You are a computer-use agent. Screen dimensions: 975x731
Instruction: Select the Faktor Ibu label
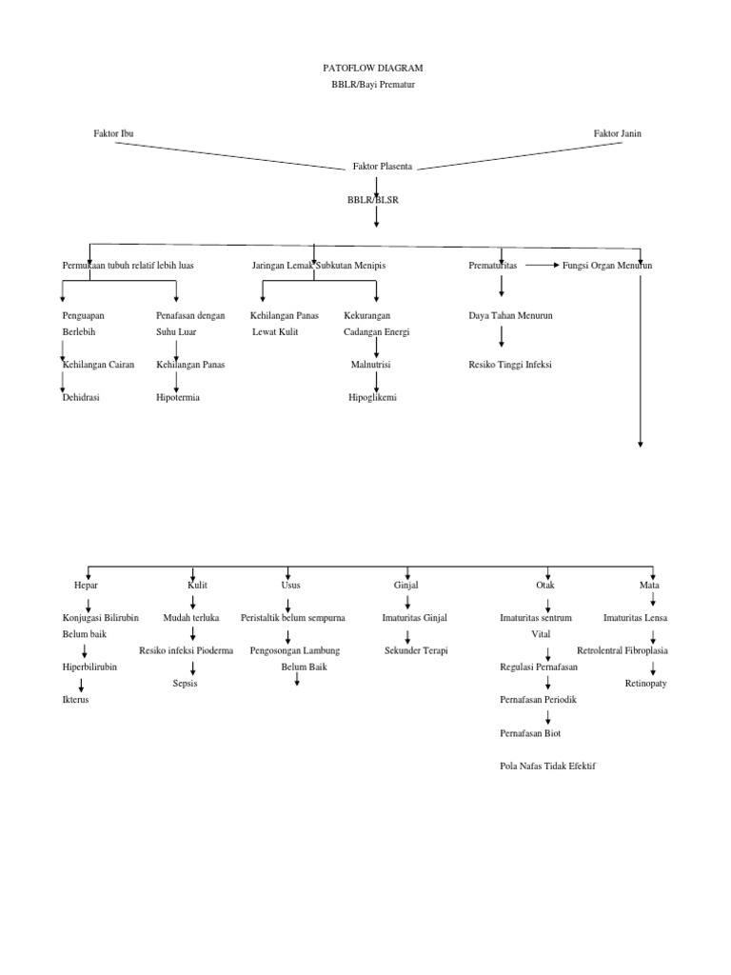113,133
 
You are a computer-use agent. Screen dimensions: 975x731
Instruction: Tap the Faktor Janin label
617,133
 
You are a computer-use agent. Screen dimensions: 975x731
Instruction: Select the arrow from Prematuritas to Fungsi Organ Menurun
540,266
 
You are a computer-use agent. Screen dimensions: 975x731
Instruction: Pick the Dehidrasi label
81,397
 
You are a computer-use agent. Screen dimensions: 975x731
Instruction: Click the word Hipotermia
178,397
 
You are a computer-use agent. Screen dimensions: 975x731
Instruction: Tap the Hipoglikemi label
372,397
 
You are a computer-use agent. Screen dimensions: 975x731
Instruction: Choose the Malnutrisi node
372,364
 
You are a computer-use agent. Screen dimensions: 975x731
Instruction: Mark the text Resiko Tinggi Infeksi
510,364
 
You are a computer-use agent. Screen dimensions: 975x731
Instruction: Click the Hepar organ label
86,585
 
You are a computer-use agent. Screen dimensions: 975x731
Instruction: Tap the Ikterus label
75,700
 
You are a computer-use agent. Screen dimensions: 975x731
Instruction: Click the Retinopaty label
645,684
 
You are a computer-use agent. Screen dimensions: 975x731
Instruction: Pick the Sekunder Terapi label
415,650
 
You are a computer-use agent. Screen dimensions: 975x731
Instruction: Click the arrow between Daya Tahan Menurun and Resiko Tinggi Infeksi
502,337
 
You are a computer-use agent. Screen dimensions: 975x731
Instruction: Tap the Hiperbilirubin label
89,667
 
